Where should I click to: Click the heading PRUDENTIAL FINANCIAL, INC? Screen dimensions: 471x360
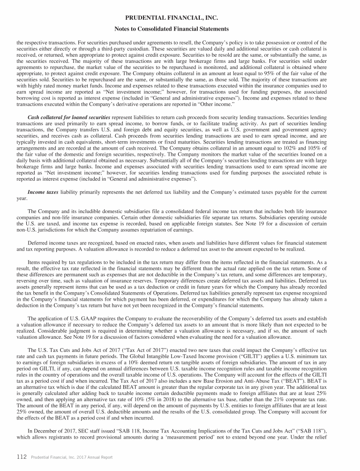tap(180, 18)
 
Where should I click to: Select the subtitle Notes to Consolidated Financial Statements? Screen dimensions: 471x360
tap(180, 29)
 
